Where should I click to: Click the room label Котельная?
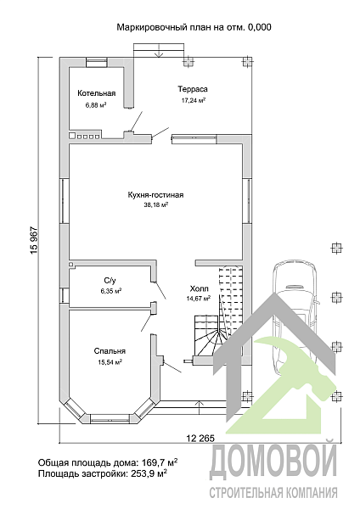click(x=96, y=93)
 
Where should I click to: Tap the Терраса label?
click(x=193, y=89)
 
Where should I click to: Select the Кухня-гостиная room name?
click(x=155, y=195)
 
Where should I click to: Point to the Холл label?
click(x=200, y=288)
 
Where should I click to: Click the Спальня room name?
click(x=110, y=351)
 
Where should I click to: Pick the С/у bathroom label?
click(x=110, y=281)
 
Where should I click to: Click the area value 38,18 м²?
click(x=155, y=204)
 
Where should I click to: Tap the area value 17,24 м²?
click(x=194, y=100)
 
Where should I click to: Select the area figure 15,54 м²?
click(x=110, y=362)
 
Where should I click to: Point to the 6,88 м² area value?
click(x=96, y=105)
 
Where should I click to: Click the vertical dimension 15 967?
click(x=34, y=240)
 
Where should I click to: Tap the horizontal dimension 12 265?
click(x=200, y=439)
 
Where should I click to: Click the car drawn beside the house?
click(x=294, y=318)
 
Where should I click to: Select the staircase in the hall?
click(x=219, y=311)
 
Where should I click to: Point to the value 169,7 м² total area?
click(x=160, y=462)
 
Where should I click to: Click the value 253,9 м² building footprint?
click(x=149, y=473)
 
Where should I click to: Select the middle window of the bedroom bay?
click(x=110, y=418)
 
